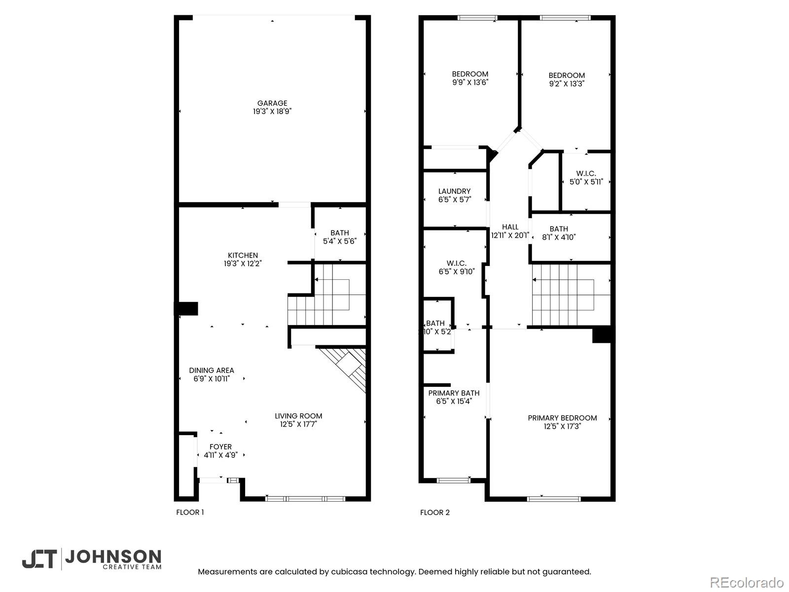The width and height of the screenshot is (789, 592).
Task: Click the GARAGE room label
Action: click(272, 104)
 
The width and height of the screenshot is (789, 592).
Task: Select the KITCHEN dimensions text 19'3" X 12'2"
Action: click(243, 264)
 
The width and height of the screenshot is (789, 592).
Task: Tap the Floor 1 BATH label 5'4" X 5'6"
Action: click(340, 237)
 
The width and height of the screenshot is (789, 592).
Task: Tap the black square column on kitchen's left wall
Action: click(187, 309)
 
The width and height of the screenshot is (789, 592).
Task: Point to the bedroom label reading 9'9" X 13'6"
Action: click(470, 78)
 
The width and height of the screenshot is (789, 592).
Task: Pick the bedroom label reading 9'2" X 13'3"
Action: click(567, 80)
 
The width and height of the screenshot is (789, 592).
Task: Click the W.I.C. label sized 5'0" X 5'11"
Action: click(586, 178)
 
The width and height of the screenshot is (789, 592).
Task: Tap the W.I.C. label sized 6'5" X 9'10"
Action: click(456, 267)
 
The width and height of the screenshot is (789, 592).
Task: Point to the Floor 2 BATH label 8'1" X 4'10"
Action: click(559, 233)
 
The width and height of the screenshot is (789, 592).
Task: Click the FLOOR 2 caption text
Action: click(434, 513)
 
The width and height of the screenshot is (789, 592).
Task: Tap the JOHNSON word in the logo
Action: click(113, 557)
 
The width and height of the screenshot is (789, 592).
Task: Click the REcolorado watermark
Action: click(747, 583)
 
